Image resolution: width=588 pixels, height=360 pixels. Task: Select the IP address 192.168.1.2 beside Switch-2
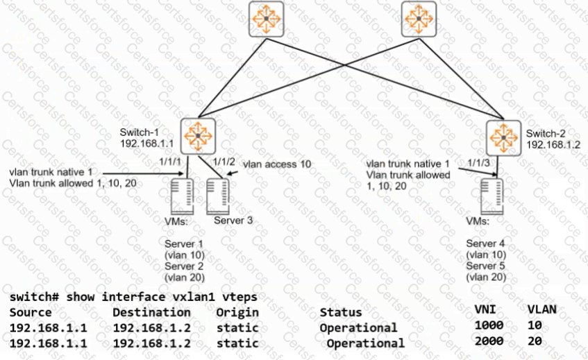click(x=553, y=144)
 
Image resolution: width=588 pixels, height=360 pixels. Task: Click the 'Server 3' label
click(x=230, y=221)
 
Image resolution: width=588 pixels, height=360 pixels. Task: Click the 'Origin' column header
click(x=237, y=312)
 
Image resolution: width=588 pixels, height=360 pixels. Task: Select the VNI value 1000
click(x=489, y=325)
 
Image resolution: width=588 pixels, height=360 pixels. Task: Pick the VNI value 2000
click(x=489, y=341)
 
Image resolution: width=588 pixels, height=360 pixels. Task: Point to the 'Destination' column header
click(x=151, y=312)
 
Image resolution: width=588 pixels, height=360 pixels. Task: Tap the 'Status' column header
click(x=341, y=313)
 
